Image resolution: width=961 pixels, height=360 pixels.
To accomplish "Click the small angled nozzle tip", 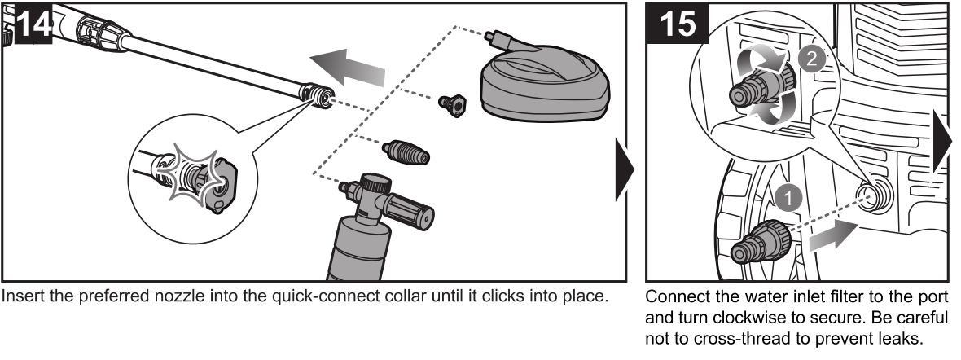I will tap(450, 103).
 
